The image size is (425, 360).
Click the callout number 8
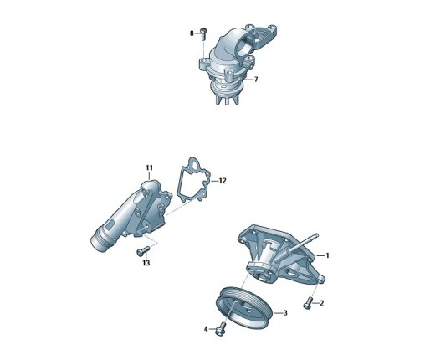192,33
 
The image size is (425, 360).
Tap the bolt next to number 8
203,34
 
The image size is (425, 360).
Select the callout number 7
256,80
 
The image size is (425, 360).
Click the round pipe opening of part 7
244,44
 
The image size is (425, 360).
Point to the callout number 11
150,167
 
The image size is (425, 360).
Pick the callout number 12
223,181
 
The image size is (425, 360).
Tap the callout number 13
146,263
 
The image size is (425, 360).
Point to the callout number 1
328,255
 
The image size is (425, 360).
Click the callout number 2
321,303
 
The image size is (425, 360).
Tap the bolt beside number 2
307,303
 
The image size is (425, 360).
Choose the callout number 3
285,313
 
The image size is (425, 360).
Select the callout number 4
206,329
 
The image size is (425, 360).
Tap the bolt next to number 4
221,329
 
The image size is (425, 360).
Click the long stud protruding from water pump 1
304,243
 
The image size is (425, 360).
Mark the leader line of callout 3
278,313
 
